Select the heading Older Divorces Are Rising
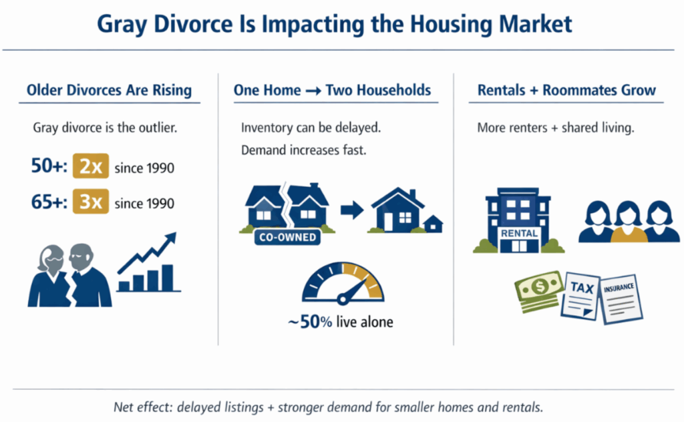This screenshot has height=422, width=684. point(109,90)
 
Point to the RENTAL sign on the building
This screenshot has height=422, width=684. point(519,233)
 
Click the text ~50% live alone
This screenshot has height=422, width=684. point(340,322)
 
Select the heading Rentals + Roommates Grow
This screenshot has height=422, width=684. point(566,90)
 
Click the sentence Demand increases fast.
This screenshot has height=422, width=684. point(304,151)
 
